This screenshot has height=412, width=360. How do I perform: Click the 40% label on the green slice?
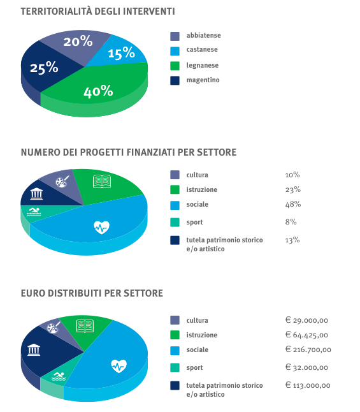point(98,91)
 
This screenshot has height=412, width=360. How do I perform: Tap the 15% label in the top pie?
point(121,52)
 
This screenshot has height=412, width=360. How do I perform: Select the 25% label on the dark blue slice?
point(44,68)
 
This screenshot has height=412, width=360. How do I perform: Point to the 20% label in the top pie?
point(78,41)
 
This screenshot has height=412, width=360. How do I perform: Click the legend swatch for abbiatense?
point(175,36)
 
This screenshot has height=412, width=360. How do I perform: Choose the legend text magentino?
point(203,80)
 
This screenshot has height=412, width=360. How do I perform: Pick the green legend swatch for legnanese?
point(175,66)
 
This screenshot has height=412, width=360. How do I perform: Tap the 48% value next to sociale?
point(293,204)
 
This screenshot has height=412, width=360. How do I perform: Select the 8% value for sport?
point(291,222)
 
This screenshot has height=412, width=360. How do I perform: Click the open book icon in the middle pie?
point(102,181)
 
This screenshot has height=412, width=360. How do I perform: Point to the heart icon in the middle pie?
point(101,227)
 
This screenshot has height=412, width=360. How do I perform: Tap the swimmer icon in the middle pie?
point(34,212)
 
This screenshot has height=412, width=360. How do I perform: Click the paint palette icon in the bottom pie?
point(54,327)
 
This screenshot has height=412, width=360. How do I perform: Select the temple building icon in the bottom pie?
point(34,349)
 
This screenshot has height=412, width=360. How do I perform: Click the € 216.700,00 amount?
point(308,349)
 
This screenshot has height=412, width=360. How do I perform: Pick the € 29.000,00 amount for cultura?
point(306,320)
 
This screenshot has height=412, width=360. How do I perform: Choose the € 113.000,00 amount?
point(308,385)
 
